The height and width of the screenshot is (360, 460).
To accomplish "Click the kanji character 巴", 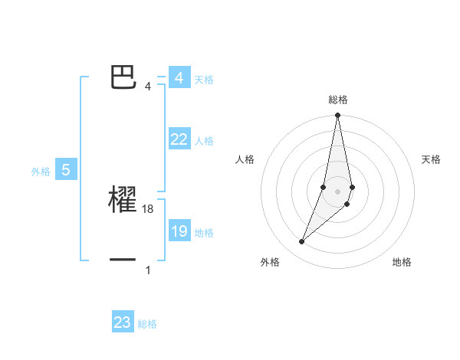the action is pyautogui.click(x=123, y=77).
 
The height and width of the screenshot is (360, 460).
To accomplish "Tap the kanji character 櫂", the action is pyautogui.click(x=123, y=199).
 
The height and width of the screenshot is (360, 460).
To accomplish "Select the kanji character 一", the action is pyautogui.click(x=123, y=260).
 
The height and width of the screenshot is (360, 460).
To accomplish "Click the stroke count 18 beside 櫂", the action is pyautogui.click(x=149, y=208).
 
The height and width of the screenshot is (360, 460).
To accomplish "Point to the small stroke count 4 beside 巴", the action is pyautogui.click(x=148, y=86).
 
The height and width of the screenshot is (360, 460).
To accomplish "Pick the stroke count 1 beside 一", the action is pyautogui.click(x=148, y=270).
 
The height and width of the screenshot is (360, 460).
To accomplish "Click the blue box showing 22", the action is pyautogui.click(x=179, y=139).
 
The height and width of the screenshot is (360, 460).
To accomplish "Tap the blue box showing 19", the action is pyautogui.click(x=179, y=231).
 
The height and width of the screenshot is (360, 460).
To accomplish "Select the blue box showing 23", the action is pyautogui.click(x=123, y=322).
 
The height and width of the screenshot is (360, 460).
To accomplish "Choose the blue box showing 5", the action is pyautogui.click(x=66, y=170).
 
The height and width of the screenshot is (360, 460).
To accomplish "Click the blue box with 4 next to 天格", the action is pyautogui.click(x=179, y=78).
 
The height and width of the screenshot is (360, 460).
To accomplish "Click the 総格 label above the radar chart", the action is pyautogui.click(x=338, y=100).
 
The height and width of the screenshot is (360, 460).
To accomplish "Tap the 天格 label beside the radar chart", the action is pyautogui.click(x=431, y=159).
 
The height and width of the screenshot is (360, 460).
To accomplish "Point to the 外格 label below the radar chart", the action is pyautogui.click(x=270, y=262).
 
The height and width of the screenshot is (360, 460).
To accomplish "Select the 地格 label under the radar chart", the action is pyautogui.click(x=402, y=262).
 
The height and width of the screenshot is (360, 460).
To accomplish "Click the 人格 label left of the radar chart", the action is pyautogui.click(x=245, y=159).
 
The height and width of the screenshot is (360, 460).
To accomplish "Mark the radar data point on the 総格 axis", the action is pyautogui.click(x=337, y=116).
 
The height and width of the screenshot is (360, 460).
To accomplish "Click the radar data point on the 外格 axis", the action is pyautogui.click(x=302, y=242).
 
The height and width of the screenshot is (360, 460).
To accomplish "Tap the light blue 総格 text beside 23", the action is pyautogui.click(x=147, y=324).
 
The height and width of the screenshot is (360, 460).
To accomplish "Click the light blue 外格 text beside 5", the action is pyautogui.click(x=41, y=172).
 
